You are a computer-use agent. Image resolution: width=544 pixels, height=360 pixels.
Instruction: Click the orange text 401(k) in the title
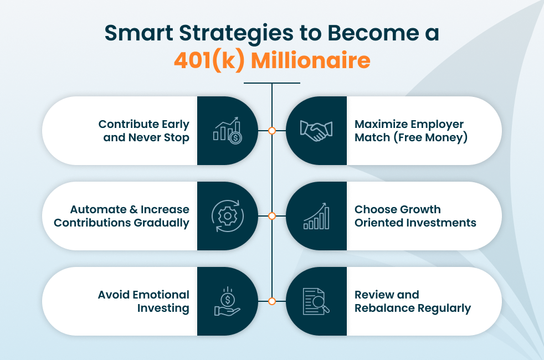(209, 61)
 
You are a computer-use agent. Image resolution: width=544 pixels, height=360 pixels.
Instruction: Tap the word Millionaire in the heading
(311, 60)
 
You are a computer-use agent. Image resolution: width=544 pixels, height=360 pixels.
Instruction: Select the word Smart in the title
(139, 33)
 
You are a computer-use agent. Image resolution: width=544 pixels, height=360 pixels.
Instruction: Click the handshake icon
(316, 131)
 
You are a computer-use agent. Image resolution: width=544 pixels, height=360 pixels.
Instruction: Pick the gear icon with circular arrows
(228, 215)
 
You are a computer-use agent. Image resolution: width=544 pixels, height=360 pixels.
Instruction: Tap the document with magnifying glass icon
(316, 301)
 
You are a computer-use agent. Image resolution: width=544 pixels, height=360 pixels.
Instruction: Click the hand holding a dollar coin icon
(227, 301)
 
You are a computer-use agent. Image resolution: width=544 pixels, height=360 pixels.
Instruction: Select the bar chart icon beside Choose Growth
(316, 215)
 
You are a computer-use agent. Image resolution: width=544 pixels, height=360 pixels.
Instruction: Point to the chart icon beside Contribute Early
(228, 130)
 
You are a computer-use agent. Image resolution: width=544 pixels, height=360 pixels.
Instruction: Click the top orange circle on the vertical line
(272, 131)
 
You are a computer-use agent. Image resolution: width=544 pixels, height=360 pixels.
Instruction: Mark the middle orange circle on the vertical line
(272, 216)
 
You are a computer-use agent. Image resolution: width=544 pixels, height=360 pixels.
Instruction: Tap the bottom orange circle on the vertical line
(272, 301)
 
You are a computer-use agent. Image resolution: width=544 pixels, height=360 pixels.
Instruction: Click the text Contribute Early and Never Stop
(143, 131)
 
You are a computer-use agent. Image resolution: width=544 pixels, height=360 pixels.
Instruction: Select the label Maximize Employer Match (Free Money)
(411, 131)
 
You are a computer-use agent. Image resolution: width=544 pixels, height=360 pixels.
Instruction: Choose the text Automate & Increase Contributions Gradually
(121, 216)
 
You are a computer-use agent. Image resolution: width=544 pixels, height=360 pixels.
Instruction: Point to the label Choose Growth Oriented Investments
(415, 215)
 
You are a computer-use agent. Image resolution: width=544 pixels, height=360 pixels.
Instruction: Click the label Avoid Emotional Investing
(143, 301)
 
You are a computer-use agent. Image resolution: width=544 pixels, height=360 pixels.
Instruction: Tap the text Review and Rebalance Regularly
(413, 301)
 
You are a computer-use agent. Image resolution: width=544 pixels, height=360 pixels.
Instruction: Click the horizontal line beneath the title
(272, 83)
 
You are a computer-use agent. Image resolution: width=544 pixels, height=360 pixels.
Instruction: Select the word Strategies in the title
(236, 34)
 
